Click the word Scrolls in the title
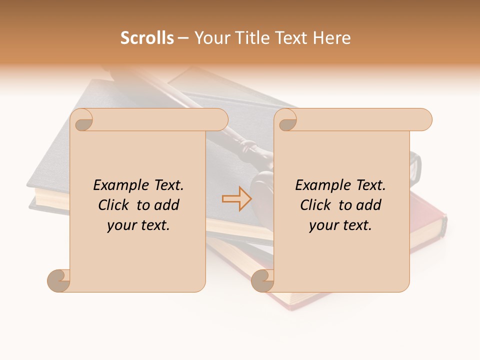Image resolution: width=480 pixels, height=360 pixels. [x=147, y=38]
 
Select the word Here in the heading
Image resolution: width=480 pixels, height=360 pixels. [x=331, y=38]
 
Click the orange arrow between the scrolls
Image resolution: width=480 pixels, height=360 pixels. [x=237, y=199]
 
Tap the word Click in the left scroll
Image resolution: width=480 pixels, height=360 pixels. [x=115, y=205]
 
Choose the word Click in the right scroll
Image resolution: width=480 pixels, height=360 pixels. [x=317, y=205]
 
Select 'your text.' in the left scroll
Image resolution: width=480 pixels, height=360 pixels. [x=138, y=225]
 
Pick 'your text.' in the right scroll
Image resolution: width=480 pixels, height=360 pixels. [x=340, y=225]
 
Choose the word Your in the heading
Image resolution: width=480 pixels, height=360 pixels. [x=210, y=38]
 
